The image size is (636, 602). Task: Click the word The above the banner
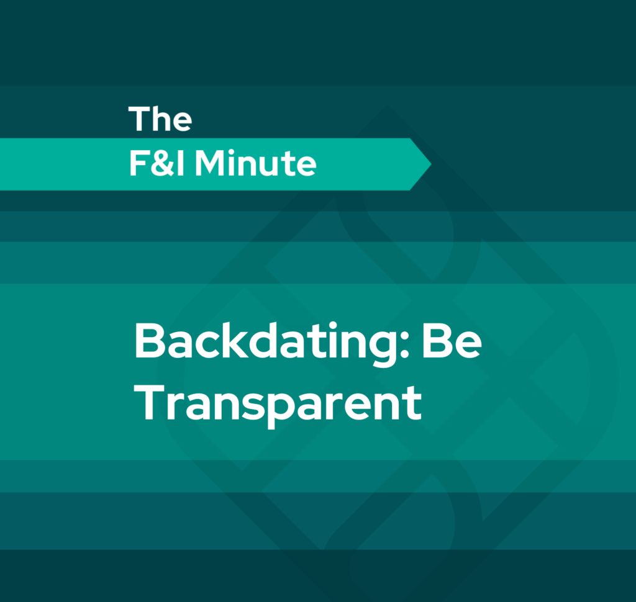(x=160, y=119)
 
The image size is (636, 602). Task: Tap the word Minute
(x=255, y=163)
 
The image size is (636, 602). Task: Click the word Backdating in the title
(x=265, y=343)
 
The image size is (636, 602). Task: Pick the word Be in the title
(x=452, y=341)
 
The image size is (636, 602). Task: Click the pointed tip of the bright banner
(x=431, y=164)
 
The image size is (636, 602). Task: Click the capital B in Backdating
(x=149, y=341)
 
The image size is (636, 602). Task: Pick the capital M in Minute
(x=210, y=163)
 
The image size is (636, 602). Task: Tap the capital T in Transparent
(x=148, y=403)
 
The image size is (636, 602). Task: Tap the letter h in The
(x=160, y=119)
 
